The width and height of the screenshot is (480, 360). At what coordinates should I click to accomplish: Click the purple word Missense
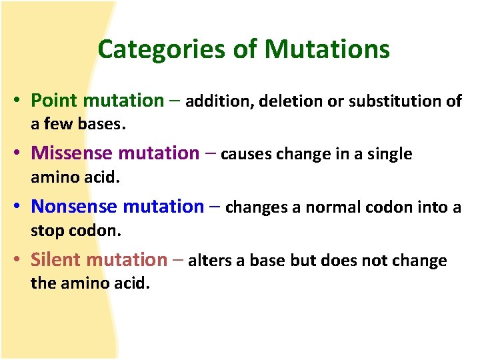(x=72, y=153)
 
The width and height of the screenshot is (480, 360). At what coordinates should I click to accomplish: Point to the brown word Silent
(x=56, y=260)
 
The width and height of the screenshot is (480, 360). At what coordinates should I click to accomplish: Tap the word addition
(x=219, y=101)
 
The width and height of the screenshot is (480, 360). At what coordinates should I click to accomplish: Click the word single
(x=389, y=155)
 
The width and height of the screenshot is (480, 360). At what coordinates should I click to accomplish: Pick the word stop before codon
(x=45, y=231)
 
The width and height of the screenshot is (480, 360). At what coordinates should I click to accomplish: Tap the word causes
(x=242, y=155)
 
